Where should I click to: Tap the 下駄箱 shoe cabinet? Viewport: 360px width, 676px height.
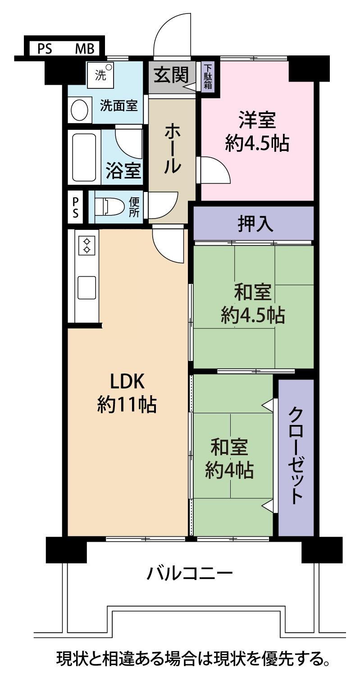[x=208, y=76]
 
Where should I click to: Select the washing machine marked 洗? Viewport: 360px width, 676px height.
[x=100, y=73]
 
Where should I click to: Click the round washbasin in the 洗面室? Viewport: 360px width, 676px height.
[x=79, y=110]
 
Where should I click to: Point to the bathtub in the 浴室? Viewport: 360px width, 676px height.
[x=85, y=157]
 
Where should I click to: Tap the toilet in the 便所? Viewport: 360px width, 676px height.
[x=109, y=206]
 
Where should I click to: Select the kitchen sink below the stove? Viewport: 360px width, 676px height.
[x=87, y=288]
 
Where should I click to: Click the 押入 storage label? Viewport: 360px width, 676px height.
[x=255, y=224]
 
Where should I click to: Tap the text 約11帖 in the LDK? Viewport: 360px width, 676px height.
[x=127, y=405]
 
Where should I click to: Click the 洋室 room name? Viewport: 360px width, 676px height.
[x=257, y=120]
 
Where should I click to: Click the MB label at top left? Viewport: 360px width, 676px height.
[x=85, y=49]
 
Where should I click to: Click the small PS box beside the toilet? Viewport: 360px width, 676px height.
[x=75, y=207]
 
